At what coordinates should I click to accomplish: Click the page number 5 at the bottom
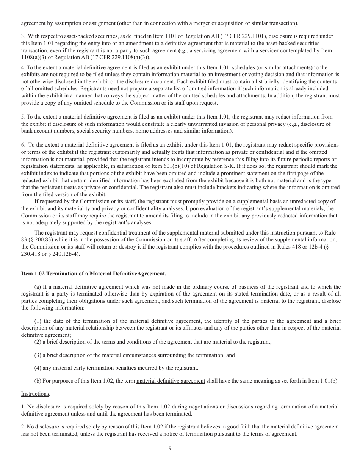(x=170, y=449)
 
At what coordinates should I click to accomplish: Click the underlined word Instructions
(x=35, y=394)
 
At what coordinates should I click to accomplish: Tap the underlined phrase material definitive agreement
(x=171, y=381)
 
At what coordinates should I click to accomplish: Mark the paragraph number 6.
(x=23, y=145)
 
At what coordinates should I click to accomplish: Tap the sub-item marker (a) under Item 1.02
(x=38, y=287)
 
